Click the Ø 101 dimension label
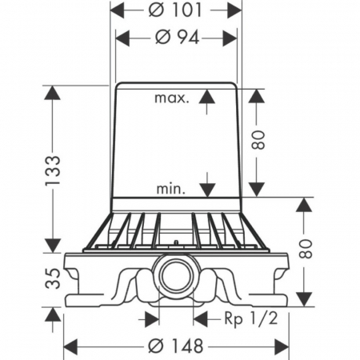tap(175, 10)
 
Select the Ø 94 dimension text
tap(177, 38)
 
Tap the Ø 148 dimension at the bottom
tap(176, 346)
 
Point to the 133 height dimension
tap(53, 170)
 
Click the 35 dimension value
tap(53, 278)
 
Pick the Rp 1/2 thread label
tap(251, 318)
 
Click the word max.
tap(172, 98)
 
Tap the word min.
tap(170, 189)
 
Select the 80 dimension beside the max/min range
tap(258, 140)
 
